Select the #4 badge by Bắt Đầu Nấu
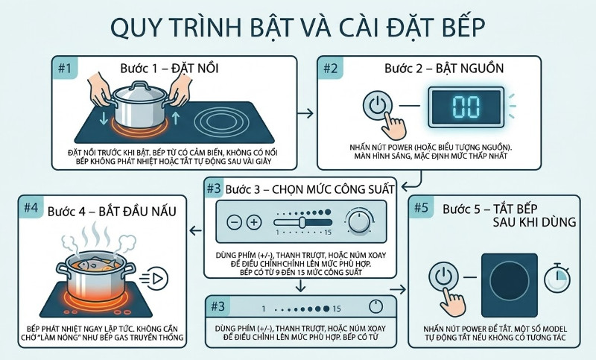[31, 209]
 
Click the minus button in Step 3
[235, 222]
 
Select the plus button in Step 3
[254, 222]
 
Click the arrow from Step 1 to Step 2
[304, 113]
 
